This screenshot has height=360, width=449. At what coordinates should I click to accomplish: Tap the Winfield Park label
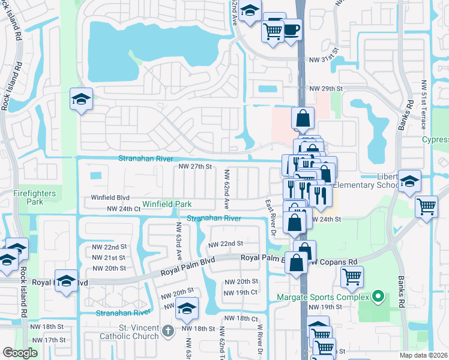coord(167,205)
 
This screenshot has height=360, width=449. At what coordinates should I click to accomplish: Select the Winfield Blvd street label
coord(110,197)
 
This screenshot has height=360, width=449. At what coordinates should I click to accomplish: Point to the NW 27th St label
coord(196,166)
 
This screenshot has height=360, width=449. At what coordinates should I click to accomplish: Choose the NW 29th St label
coord(326,88)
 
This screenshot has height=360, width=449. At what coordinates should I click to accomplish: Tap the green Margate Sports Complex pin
coord(378,296)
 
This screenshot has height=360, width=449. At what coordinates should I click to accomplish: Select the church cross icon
coord(169,329)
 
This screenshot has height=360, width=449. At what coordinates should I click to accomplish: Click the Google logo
coord(20,353)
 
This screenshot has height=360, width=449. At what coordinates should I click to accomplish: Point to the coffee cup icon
coord(292,29)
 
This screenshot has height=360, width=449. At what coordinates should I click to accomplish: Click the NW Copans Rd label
coord(334,262)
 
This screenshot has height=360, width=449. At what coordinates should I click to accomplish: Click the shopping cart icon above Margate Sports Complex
coord(352,277)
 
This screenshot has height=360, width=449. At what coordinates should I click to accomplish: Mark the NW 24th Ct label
coord(123,209)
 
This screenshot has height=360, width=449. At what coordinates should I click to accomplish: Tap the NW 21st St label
coord(109,257)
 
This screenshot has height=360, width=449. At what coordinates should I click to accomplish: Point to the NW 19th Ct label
coord(241,292)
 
